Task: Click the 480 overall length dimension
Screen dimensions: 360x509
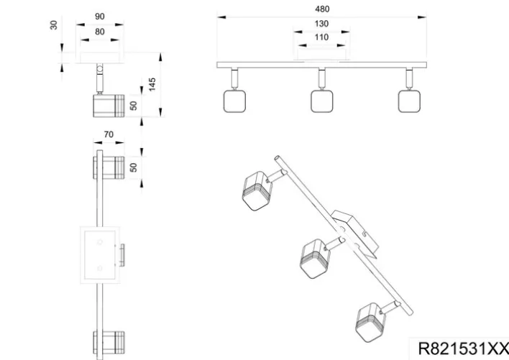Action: pyautogui.click(x=321, y=9)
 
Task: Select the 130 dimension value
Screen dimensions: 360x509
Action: pyautogui.click(x=321, y=24)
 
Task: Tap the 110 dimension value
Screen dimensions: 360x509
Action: pyautogui.click(x=321, y=37)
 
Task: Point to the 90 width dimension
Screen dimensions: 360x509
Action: pyautogui.click(x=99, y=17)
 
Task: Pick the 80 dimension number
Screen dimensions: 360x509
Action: pyautogui.click(x=99, y=31)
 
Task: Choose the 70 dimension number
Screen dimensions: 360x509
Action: pyautogui.click(x=109, y=134)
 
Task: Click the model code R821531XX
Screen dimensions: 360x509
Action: pyautogui.click(x=462, y=349)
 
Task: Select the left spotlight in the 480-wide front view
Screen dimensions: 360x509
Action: pyautogui.click(x=234, y=101)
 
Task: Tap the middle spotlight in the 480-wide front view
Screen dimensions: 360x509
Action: pyautogui.click(x=321, y=101)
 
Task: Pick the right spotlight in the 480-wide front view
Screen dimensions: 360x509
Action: pyautogui.click(x=408, y=101)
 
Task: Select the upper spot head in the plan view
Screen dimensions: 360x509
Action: pyautogui.click(x=110, y=168)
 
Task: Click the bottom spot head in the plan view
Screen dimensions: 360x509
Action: pyautogui.click(x=110, y=343)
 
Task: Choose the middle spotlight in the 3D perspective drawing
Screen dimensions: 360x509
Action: pyautogui.click(x=315, y=254)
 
